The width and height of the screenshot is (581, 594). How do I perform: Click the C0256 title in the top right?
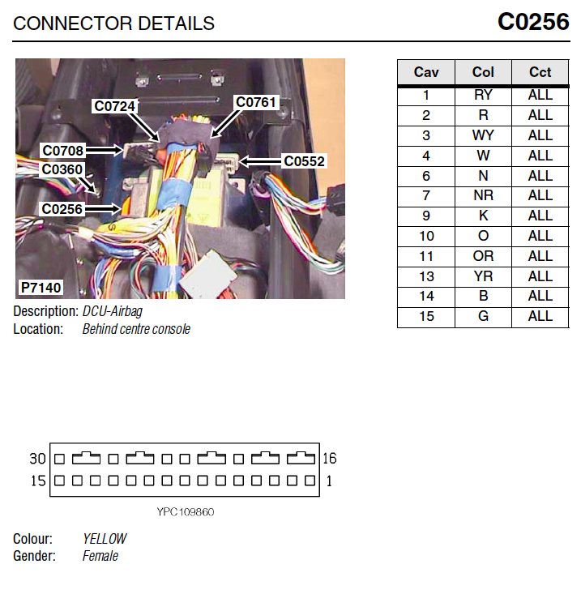533,22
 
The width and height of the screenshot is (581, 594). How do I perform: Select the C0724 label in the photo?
114,106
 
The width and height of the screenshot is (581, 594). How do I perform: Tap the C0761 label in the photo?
255,102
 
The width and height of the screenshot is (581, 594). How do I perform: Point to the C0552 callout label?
304,161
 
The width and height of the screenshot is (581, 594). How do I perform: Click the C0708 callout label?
62,151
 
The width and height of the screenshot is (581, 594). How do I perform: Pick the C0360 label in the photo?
62,169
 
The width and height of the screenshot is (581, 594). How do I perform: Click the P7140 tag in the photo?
41,288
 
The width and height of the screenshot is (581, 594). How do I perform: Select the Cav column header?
426,72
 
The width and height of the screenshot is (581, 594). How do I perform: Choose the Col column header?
483,72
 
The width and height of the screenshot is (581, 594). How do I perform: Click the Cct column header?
540,72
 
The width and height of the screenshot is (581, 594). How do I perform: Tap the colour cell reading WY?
483,135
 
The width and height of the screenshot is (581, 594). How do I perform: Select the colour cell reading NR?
483,195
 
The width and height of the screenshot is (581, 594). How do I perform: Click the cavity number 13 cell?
426,276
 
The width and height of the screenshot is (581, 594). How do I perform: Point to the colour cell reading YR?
483,276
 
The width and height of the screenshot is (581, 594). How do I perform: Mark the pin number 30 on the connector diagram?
37,459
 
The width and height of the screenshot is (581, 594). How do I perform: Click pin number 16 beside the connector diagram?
330,459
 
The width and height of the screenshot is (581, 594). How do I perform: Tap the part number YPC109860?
186,512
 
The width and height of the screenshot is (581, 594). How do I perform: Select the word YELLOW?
105,539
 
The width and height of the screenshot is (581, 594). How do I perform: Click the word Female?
100,556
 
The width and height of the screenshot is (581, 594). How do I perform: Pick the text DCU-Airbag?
113,311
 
